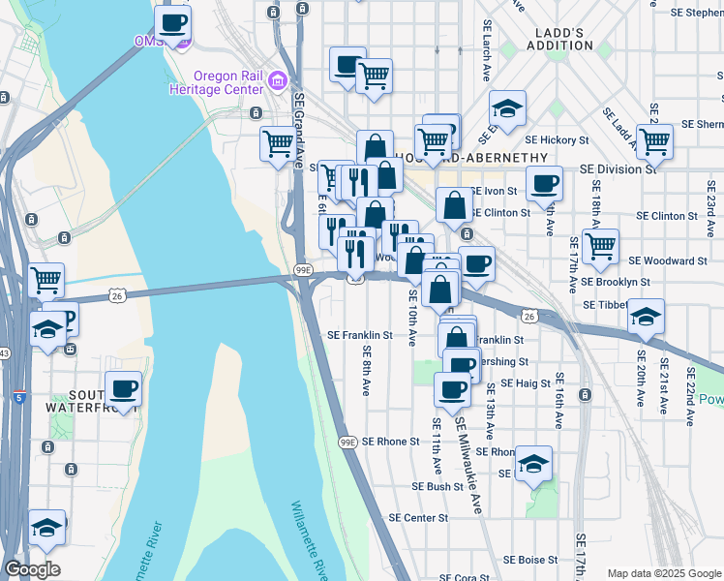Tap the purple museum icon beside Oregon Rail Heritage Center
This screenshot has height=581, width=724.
point(279,78)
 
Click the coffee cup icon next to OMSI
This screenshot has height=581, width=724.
point(173,24)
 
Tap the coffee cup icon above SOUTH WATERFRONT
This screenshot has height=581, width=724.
point(123,389)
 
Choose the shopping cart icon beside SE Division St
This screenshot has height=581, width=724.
point(655,141)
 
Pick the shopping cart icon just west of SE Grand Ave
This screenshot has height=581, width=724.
point(278,143)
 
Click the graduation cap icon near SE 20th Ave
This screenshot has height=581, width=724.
point(646,317)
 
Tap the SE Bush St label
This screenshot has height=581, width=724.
point(431,486)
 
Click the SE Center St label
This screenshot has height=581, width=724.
point(418,518)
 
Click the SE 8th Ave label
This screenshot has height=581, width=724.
point(367,370)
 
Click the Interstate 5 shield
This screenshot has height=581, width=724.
point(20,396)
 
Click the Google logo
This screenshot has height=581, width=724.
point(32,568)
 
